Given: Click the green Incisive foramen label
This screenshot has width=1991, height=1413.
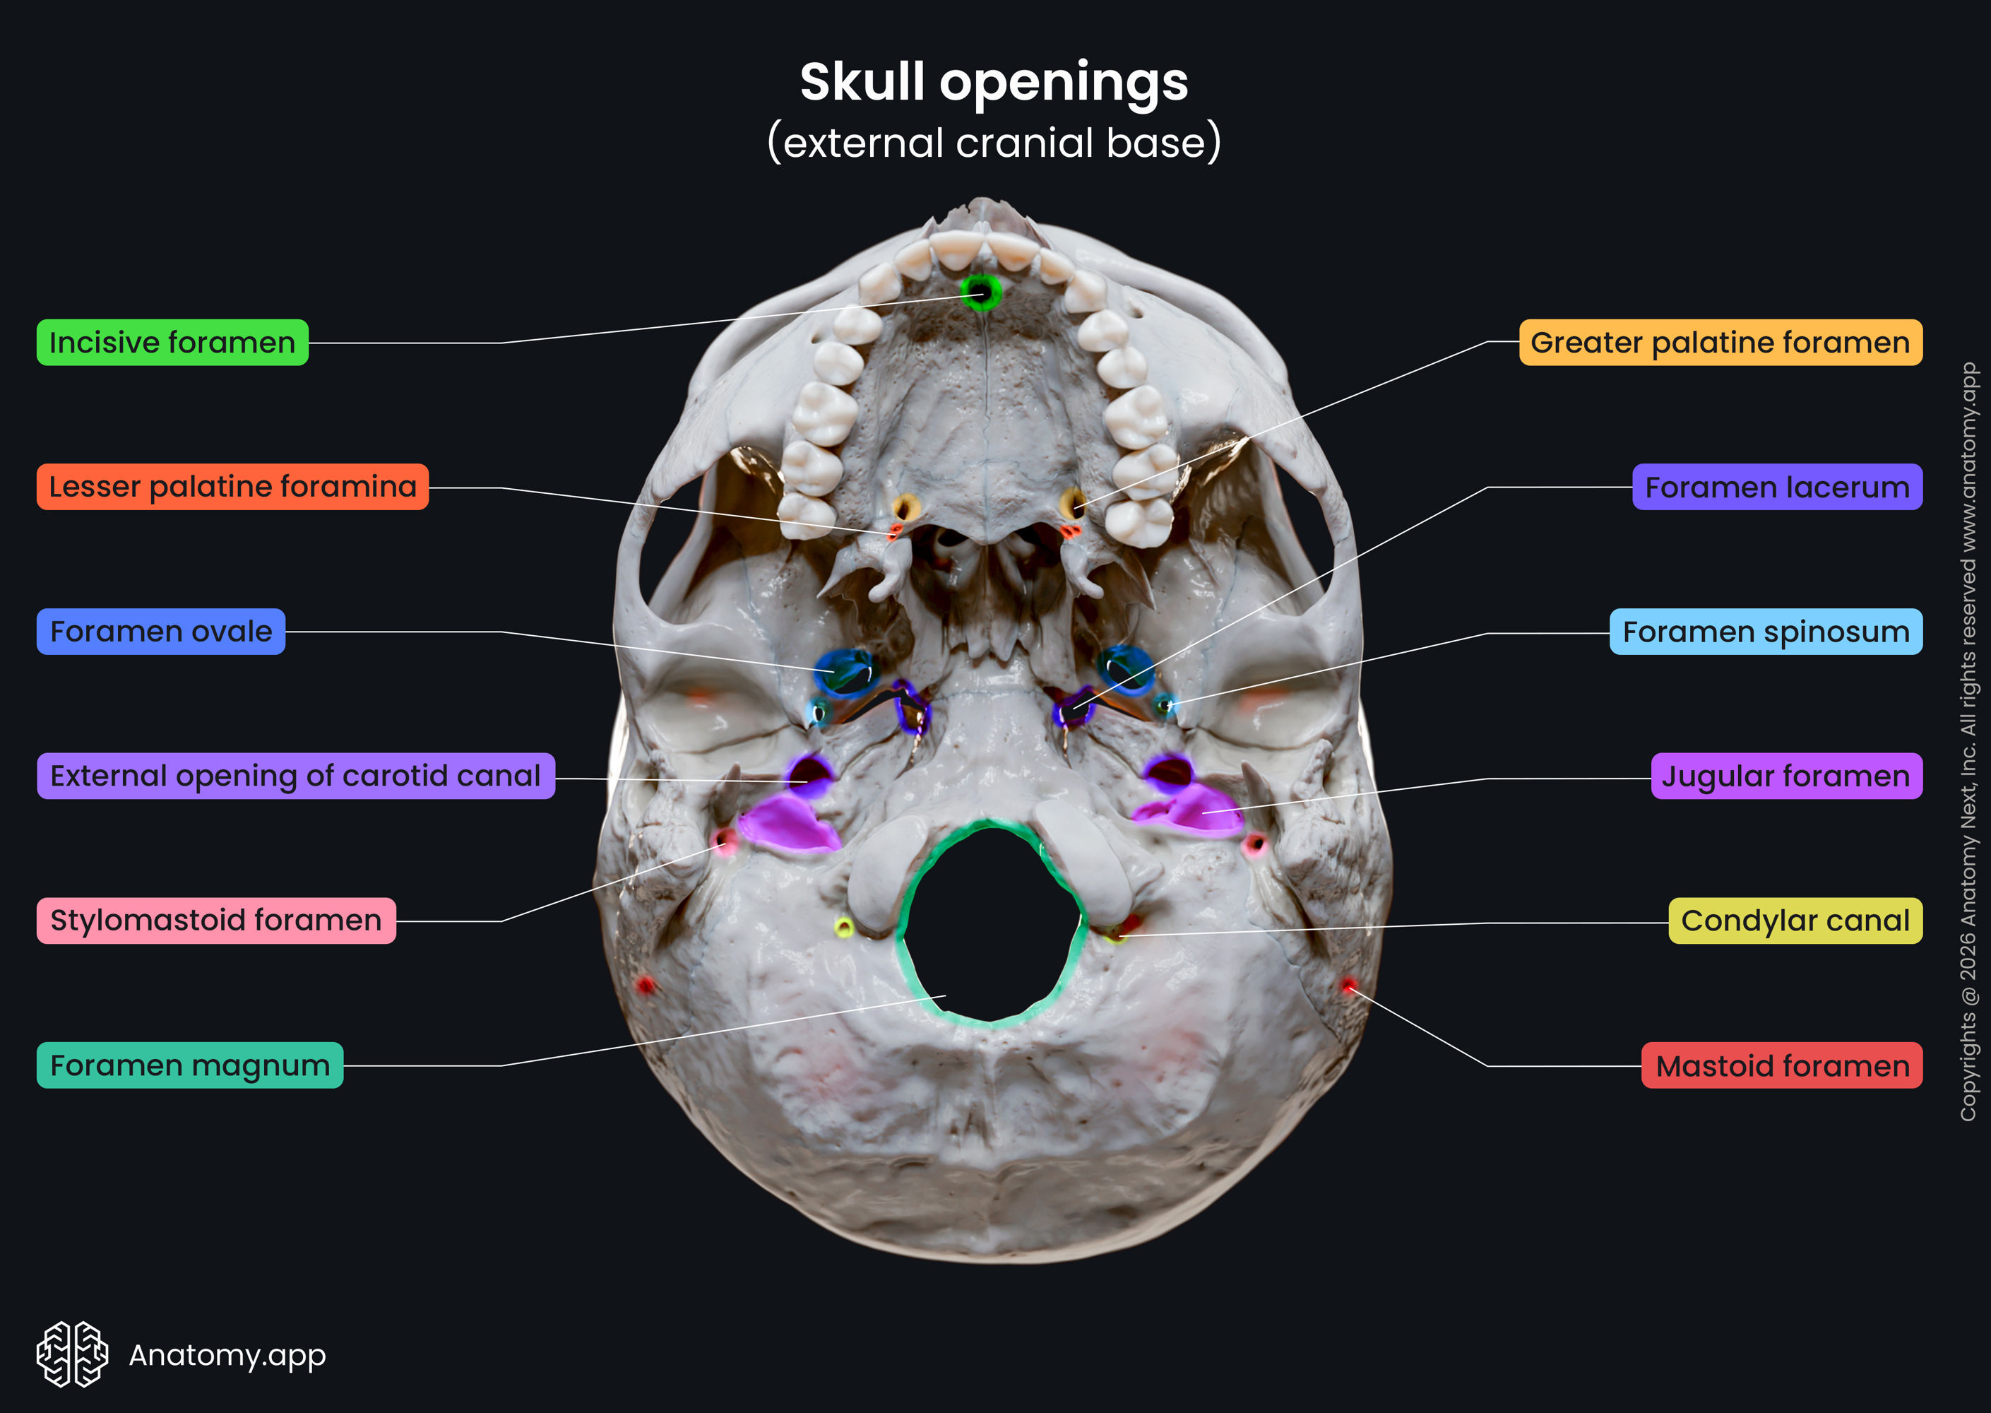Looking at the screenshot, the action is (172, 342).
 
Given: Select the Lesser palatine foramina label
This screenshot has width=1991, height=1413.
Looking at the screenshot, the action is (232, 486).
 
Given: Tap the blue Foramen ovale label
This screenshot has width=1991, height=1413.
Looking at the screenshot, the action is (161, 631).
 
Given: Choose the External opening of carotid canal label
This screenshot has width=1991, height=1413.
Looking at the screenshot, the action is (296, 775).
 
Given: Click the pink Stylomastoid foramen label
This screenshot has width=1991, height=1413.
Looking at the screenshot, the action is (215, 920).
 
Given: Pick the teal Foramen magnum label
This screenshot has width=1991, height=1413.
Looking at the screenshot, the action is (189, 1065).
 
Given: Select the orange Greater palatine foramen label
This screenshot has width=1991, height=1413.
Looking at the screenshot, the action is (1720, 342).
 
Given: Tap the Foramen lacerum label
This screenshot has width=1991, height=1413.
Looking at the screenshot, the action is (1777, 486).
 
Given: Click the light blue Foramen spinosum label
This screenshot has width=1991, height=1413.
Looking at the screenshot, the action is (1766, 631).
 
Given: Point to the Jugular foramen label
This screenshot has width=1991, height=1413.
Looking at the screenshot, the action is (1787, 775).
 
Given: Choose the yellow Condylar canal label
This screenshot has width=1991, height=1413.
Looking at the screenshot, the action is (1795, 920).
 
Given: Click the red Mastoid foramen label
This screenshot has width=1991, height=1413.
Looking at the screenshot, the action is (1782, 1065).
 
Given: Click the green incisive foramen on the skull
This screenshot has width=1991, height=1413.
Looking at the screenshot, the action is (980, 292).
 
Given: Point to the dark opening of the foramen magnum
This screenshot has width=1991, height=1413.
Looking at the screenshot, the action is (992, 922).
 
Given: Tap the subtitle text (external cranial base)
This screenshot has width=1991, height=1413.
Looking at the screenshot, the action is (994, 142).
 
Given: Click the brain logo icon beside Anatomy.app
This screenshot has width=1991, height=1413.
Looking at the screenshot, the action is (72, 1354).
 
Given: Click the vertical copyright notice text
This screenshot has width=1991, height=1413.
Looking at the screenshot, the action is (1968, 741).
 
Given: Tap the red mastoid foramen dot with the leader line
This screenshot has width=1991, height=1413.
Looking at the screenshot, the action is (1348, 986).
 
